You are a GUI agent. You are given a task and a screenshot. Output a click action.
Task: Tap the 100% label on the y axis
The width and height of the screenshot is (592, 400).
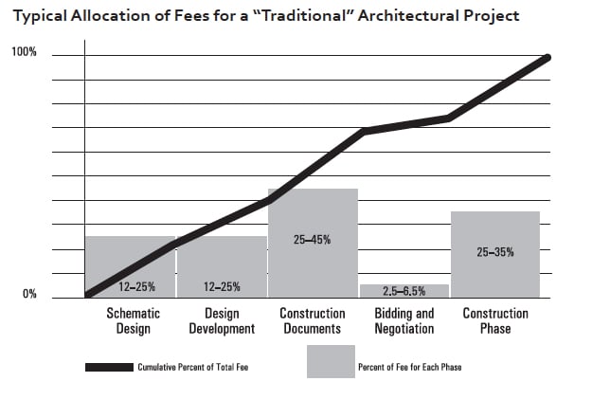(24, 52)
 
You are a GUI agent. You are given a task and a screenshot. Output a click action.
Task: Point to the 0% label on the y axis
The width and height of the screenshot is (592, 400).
(29, 295)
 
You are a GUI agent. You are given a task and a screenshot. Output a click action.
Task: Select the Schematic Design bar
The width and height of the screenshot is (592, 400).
(130, 261)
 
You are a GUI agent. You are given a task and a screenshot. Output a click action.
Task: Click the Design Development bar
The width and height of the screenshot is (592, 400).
(222, 261)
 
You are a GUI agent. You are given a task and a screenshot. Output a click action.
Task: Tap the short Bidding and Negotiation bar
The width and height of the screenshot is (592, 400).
(404, 290)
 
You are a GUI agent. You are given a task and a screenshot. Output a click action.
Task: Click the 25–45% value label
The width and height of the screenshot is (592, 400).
(313, 241)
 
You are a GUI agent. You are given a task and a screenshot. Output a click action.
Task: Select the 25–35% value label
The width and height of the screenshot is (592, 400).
(495, 252)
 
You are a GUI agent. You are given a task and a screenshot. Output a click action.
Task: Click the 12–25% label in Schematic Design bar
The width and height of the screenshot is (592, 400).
(131, 286)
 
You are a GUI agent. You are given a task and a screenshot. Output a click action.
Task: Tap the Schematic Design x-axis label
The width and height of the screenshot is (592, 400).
(133, 321)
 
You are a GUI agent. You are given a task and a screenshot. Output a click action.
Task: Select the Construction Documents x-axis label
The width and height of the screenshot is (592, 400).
(313, 321)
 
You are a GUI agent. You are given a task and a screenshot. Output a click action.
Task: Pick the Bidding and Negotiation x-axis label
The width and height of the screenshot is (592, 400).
(404, 321)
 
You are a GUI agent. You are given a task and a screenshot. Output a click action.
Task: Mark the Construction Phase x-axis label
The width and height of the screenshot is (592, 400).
(495, 321)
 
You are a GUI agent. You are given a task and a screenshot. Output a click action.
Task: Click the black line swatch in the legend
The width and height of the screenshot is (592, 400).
(109, 367)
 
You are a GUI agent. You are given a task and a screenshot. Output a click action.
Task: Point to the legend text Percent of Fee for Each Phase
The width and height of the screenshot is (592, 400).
(409, 367)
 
